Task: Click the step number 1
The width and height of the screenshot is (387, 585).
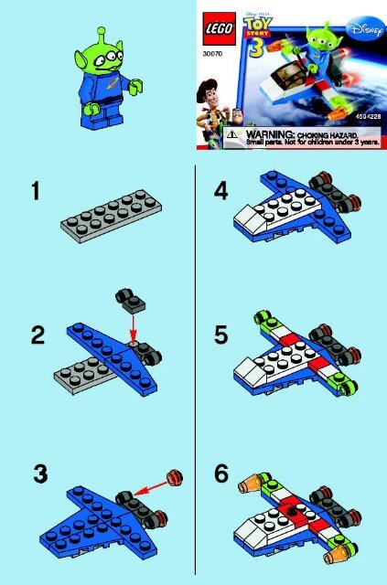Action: pos(35,192)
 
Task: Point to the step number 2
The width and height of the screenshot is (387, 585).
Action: pos(37,335)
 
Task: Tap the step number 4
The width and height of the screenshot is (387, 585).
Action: pos(220,193)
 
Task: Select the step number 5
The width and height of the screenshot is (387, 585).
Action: pos(220,335)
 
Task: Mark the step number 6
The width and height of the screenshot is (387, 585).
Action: pos(220,475)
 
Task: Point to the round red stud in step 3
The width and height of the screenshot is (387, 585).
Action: pos(176,475)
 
